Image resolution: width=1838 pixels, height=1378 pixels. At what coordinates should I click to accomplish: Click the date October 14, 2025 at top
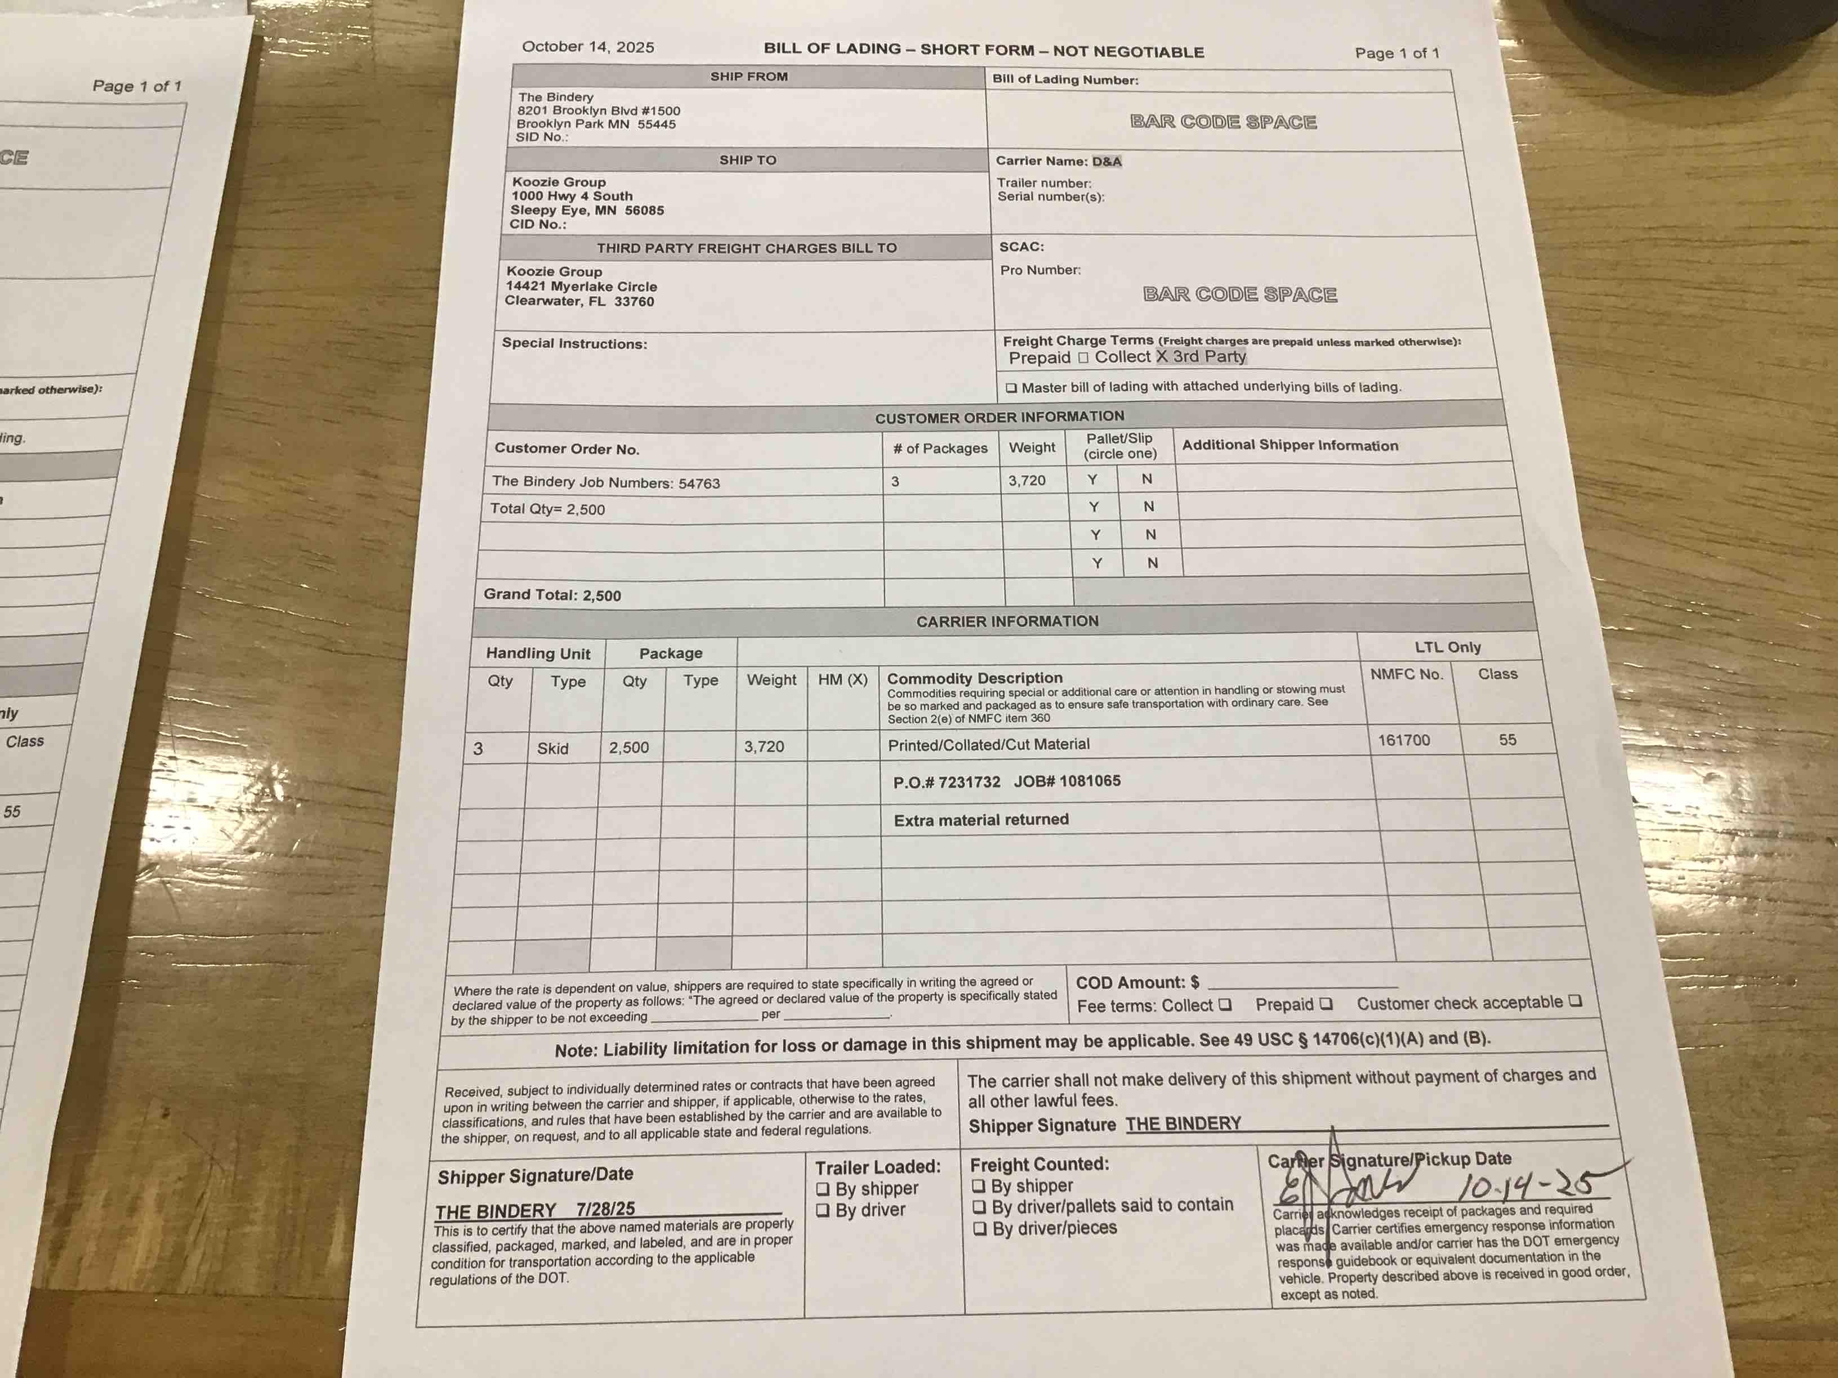pos(587,47)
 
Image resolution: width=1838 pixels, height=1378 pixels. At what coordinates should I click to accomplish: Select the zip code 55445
pos(657,124)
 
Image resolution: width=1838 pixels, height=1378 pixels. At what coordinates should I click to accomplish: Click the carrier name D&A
pos(1106,161)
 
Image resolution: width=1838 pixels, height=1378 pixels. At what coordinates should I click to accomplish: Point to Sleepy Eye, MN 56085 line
pos(587,210)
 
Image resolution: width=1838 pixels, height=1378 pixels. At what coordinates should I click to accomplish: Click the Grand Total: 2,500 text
pos(552,595)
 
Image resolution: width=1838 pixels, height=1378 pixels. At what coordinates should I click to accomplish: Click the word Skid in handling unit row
pos(552,749)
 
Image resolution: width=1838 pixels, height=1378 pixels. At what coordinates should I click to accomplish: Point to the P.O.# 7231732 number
pos(947,782)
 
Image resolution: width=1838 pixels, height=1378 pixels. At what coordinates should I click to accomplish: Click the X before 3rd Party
pos(1162,356)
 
